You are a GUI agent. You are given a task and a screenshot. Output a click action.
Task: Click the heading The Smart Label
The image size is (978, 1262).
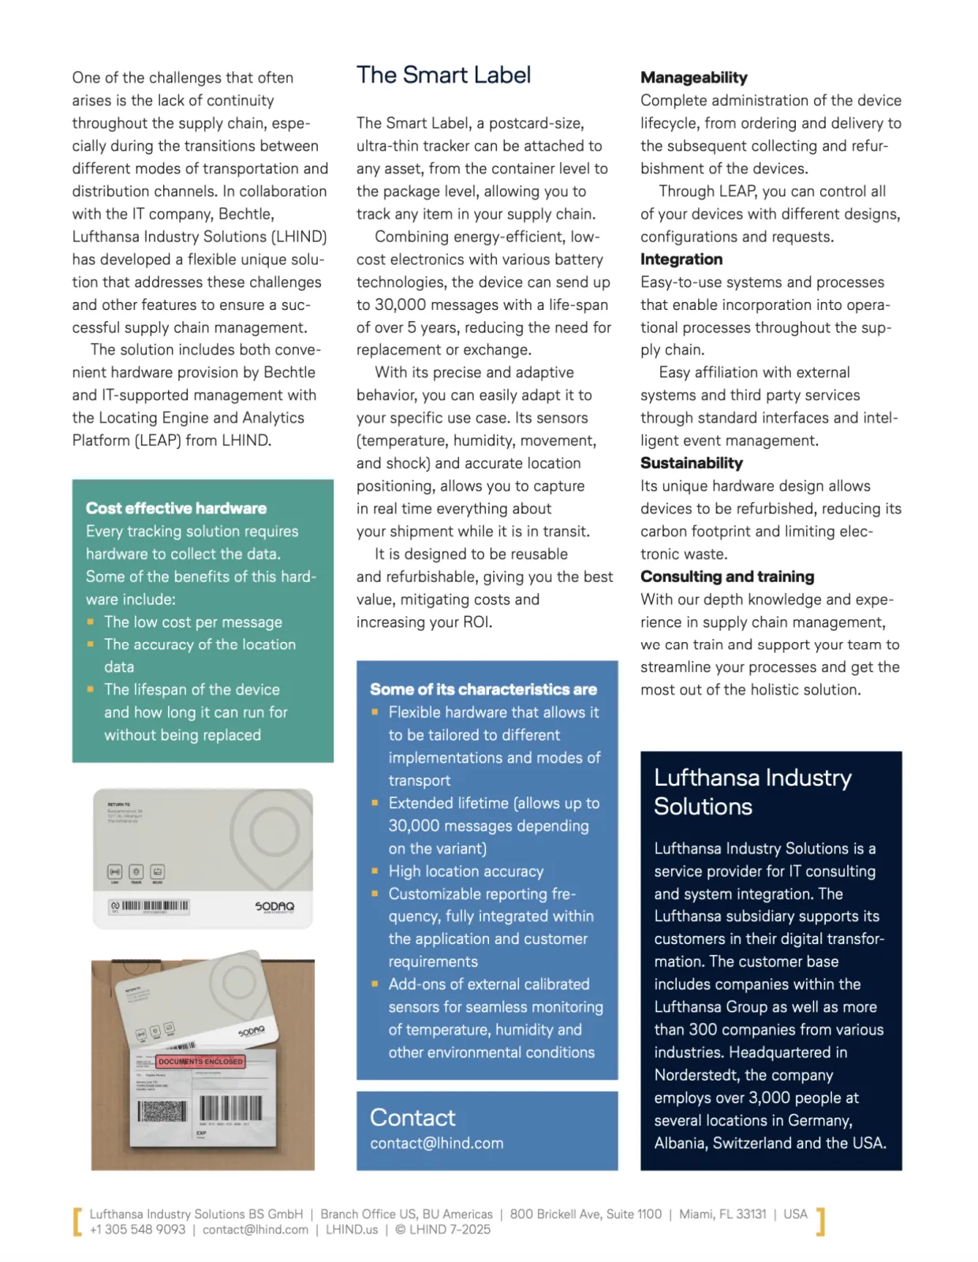pos(443,76)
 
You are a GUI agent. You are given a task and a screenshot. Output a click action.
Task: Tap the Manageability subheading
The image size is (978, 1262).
pos(693,77)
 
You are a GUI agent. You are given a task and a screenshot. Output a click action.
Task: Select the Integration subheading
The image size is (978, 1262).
pos(681,259)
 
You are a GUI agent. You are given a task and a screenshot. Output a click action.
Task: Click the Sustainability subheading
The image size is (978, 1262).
pos(691,463)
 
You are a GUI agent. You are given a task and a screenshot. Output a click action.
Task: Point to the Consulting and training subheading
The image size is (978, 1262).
pos(726,577)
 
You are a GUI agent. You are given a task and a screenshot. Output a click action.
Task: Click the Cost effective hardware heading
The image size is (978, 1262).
pos(176,509)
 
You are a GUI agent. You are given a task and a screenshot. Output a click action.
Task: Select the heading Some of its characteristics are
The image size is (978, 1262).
pos(483,689)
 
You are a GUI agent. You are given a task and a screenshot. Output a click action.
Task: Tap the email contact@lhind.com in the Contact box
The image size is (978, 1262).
pos(436,1143)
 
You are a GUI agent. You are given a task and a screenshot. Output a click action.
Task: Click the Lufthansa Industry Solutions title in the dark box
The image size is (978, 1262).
pos(752,792)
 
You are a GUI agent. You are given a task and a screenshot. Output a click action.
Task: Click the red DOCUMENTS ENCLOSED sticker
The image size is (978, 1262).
pos(200,1062)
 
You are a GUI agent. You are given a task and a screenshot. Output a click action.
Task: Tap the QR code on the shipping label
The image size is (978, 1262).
pos(162,1111)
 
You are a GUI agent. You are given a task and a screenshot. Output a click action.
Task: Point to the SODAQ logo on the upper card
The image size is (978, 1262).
pos(274,906)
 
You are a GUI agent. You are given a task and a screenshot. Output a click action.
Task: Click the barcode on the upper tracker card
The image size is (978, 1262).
pos(155,906)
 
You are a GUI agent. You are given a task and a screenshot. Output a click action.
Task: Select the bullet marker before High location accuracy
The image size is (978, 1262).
pos(375,871)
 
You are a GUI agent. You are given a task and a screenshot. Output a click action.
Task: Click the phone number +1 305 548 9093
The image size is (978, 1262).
pos(137,1230)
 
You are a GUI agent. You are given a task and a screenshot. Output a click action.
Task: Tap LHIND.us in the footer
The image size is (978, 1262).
pos(351,1230)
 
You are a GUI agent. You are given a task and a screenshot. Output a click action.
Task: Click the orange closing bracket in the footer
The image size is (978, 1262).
pos(820,1221)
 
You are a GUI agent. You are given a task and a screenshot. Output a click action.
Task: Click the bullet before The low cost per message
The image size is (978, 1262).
pos(91,622)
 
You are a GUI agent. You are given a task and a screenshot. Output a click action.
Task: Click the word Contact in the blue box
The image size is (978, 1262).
pos(412,1118)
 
